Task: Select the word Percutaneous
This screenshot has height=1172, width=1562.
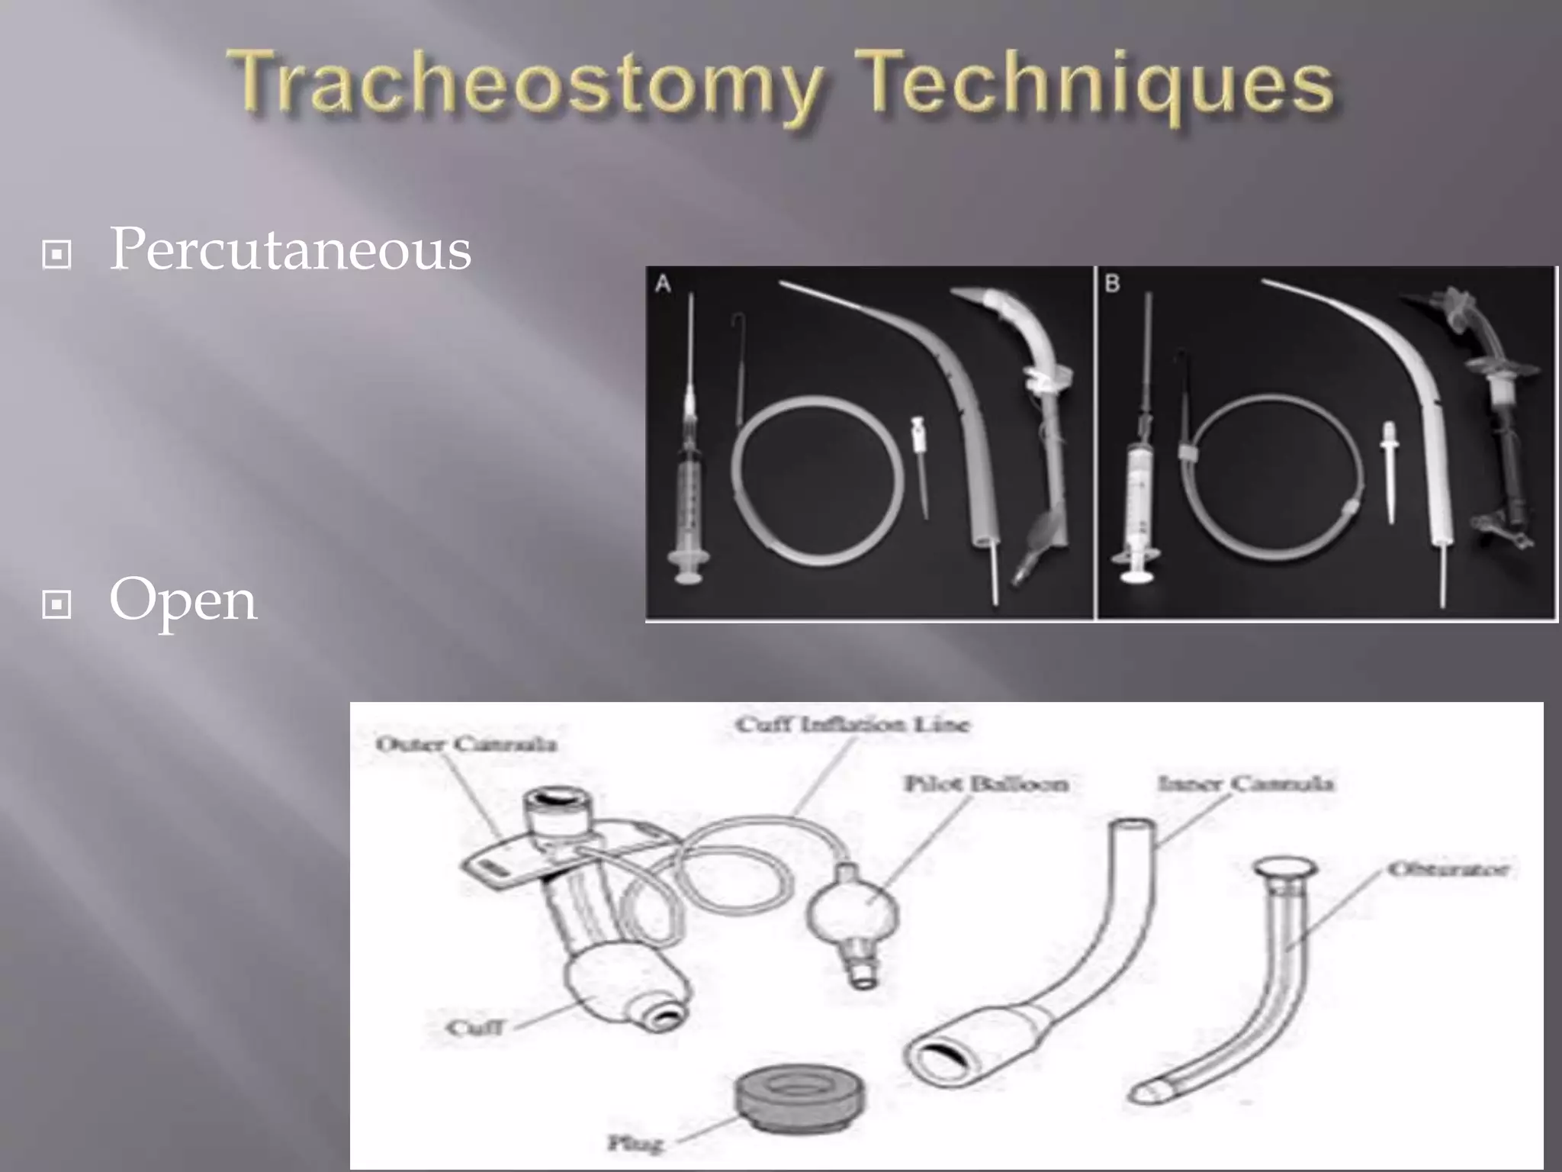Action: point(291,250)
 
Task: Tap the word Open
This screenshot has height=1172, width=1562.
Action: point(183,601)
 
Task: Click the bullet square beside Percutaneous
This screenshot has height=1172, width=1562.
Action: point(57,255)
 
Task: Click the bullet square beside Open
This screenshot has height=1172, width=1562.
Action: point(57,605)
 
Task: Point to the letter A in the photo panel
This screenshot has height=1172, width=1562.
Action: point(663,285)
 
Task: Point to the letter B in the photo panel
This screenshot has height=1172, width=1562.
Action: point(1112,285)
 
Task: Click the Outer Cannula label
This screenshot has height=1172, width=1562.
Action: point(466,744)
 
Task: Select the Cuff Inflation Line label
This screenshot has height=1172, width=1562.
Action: point(852,724)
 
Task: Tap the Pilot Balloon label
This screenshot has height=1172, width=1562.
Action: point(985,784)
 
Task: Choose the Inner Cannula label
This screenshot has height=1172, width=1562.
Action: point(1245,784)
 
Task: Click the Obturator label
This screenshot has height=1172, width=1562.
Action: point(1448,869)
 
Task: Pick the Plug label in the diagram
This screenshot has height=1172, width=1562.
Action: point(635,1142)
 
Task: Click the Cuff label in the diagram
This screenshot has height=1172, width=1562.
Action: point(474,1028)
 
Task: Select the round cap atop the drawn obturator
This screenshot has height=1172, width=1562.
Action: point(1284,868)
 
